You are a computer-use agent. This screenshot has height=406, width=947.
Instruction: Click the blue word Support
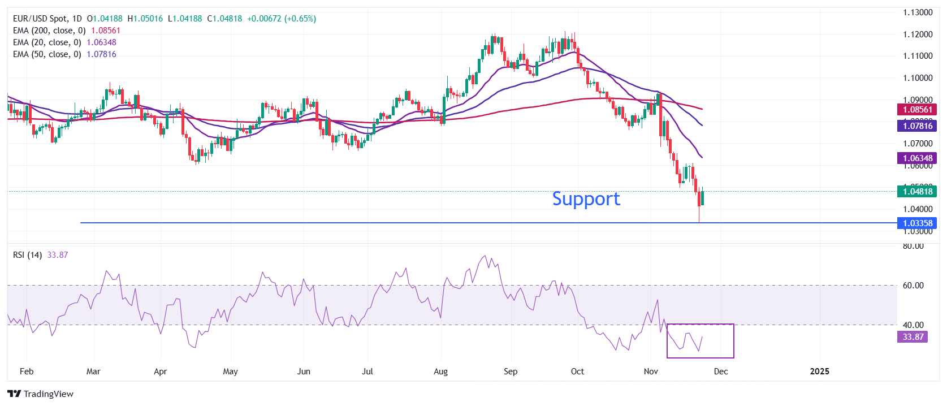(x=586, y=199)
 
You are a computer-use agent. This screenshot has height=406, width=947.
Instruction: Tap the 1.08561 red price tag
(x=916, y=110)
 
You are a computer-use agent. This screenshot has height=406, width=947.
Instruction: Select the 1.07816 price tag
(x=916, y=126)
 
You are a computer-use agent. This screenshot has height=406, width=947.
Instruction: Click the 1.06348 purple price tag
(x=916, y=158)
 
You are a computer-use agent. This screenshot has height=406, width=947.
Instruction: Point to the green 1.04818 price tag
(x=916, y=192)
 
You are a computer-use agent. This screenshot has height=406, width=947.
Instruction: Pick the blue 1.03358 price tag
(x=916, y=223)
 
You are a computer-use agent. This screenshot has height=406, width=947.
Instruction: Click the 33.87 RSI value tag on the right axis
(x=913, y=337)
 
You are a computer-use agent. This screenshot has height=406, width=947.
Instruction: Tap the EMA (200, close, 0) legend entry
(x=49, y=31)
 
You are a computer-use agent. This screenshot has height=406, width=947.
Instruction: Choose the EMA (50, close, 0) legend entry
(x=47, y=54)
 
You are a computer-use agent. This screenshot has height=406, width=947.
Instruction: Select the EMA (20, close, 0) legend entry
(x=47, y=42)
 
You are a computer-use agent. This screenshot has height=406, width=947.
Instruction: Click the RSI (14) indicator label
(x=27, y=255)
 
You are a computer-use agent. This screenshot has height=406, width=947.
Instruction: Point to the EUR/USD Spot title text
(x=40, y=19)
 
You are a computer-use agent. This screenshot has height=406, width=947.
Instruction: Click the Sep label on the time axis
(x=511, y=372)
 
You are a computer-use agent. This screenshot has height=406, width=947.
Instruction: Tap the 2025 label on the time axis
(x=819, y=372)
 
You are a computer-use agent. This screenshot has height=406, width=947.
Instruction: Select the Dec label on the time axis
(x=721, y=372)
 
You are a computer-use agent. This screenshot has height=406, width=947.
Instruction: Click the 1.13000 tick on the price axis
(x=917, y=12)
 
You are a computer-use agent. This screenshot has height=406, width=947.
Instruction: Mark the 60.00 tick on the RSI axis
(x=913, y=286)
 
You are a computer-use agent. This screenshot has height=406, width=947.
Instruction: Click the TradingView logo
(x=41, y=394)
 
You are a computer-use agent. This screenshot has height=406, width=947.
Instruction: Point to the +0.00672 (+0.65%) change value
(x=282, y=19)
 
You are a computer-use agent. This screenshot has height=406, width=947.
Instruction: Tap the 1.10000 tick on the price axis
(x=917, y=78)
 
